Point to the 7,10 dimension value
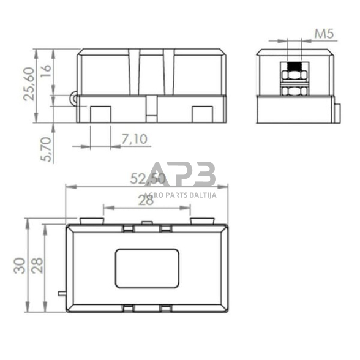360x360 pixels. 134,140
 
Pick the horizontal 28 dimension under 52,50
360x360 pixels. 145,200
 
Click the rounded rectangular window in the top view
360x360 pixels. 146,268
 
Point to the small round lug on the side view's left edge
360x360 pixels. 75,97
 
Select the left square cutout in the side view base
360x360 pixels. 100,114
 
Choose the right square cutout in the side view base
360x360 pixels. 201,114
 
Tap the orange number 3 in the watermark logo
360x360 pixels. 204,174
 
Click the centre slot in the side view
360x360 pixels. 151,108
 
